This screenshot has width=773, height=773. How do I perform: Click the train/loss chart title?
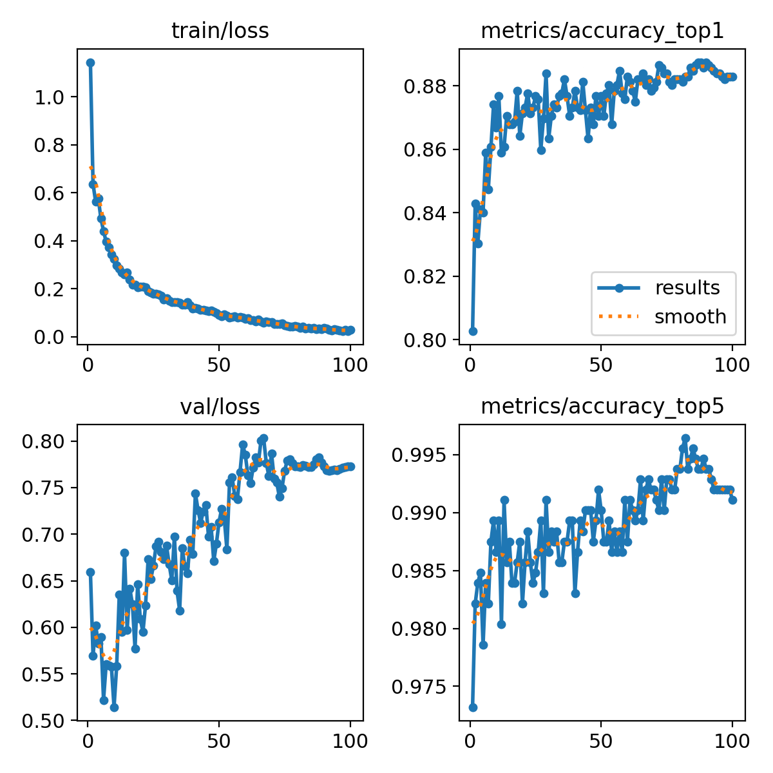coord(220,31)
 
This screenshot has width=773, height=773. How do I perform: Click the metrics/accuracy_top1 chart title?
coord(602,31)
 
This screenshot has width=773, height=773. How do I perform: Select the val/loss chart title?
coord(220,406)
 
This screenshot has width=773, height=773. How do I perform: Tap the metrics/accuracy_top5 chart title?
coord(602,406)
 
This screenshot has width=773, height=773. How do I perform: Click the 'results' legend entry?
coord(687,288)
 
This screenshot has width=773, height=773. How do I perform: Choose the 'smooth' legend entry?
coord(690,316)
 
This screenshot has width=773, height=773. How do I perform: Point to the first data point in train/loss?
coord(91,62)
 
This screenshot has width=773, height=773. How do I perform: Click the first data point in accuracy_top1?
coord(473,331)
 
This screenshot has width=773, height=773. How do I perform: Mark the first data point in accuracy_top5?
coord(473,707)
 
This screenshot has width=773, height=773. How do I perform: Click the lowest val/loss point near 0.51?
coord(114,707)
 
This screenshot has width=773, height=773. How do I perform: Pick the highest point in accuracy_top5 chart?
coord(685,438)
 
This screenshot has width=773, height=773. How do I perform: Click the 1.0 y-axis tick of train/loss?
coord(51,97)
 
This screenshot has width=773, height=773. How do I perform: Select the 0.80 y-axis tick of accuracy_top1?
coord(426,340)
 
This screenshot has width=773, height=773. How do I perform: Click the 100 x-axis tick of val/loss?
coord(350,741)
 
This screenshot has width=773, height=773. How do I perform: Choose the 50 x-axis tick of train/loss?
coord(219,365)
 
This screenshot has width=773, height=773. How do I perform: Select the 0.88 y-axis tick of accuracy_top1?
coord(426,86)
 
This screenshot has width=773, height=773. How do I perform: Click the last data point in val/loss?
coord(350,466)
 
